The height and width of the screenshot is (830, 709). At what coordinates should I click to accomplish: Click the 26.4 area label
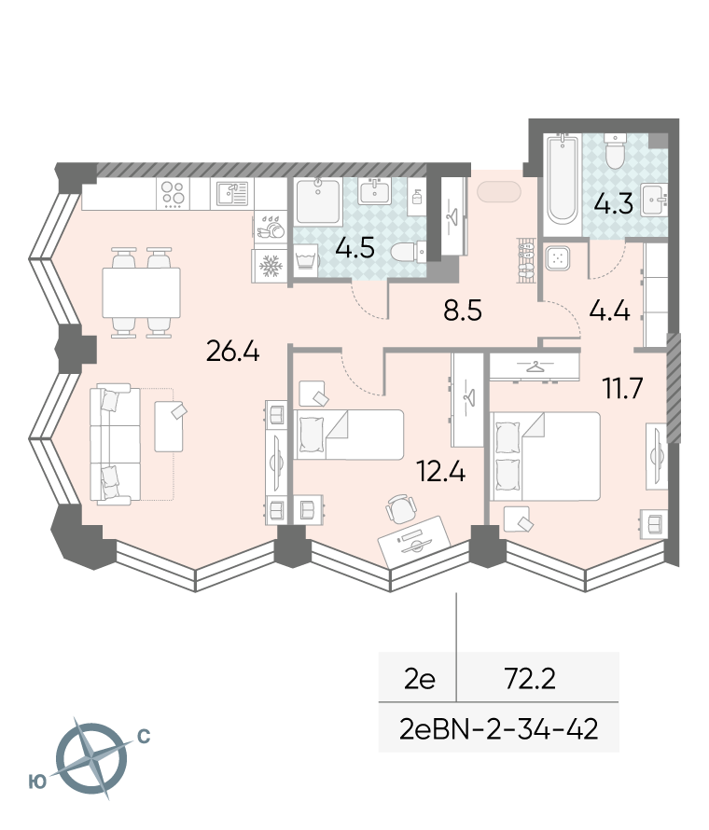click(232, 351)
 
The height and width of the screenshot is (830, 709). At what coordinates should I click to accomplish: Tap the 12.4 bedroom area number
click(441, 471)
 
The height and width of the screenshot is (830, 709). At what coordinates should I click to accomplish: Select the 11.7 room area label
click(622, 388)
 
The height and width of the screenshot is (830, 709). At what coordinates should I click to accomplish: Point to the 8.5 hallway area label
click(463, 311)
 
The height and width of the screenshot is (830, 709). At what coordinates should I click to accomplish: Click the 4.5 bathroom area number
click(354, 247)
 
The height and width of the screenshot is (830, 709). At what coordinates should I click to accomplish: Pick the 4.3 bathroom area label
click(613, 203)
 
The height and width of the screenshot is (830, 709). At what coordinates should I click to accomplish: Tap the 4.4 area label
click(609, 311)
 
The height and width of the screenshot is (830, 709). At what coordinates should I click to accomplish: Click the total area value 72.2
click(530, 679)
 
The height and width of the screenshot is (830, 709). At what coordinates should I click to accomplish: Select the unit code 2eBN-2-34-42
click(499, 729)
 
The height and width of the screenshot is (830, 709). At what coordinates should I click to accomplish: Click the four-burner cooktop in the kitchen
click(173, 193)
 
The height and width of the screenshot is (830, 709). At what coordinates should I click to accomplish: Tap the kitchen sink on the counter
click(232, 193)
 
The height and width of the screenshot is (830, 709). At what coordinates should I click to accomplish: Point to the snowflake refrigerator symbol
click(269, 265)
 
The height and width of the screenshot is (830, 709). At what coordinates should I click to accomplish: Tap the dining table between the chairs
click(141, 293)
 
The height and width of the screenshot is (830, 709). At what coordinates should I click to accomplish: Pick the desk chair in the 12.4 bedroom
click(398, 508)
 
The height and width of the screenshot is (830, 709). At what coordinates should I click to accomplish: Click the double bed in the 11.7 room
click(546, 456)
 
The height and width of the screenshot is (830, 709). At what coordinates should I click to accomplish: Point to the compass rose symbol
click(91, 758)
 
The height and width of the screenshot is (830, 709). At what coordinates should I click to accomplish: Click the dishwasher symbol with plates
click(271, 227)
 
